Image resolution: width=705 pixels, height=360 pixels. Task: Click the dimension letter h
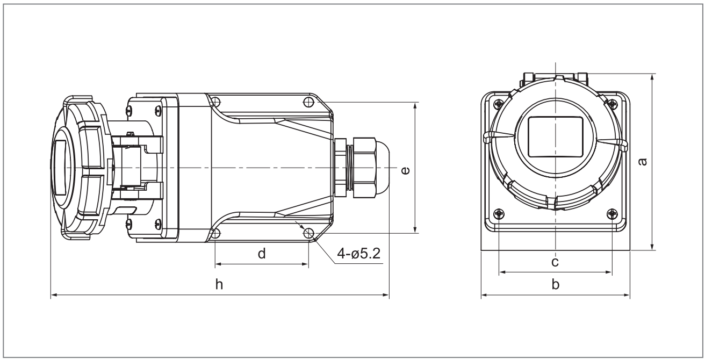coord(219,284)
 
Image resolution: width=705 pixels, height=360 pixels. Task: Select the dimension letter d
coord(262,253)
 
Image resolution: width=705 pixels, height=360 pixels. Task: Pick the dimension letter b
coord(556,284)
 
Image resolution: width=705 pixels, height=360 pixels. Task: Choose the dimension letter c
coord(555,262)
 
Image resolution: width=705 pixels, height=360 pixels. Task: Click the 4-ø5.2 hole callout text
coord(359,253)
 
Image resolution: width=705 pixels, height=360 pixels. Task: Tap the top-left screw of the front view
coord(499,104)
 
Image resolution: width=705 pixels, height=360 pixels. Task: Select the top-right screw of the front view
coord(613,104)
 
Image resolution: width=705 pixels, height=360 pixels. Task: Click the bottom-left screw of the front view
coord(499,214)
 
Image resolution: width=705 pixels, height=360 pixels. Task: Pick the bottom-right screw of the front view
coord(612,214)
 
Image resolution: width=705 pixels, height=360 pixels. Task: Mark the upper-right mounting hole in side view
coord(308,102)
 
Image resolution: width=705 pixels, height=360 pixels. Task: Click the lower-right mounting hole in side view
coord(308,234)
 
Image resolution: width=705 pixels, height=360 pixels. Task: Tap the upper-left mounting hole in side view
coord(215,102)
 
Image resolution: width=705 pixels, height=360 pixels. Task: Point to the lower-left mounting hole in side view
coord(215,234)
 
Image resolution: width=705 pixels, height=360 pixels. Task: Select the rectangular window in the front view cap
coord(556,137)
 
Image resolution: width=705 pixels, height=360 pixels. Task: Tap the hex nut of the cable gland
coord(364,168)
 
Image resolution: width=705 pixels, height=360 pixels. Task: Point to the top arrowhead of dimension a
coord(652,77)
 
